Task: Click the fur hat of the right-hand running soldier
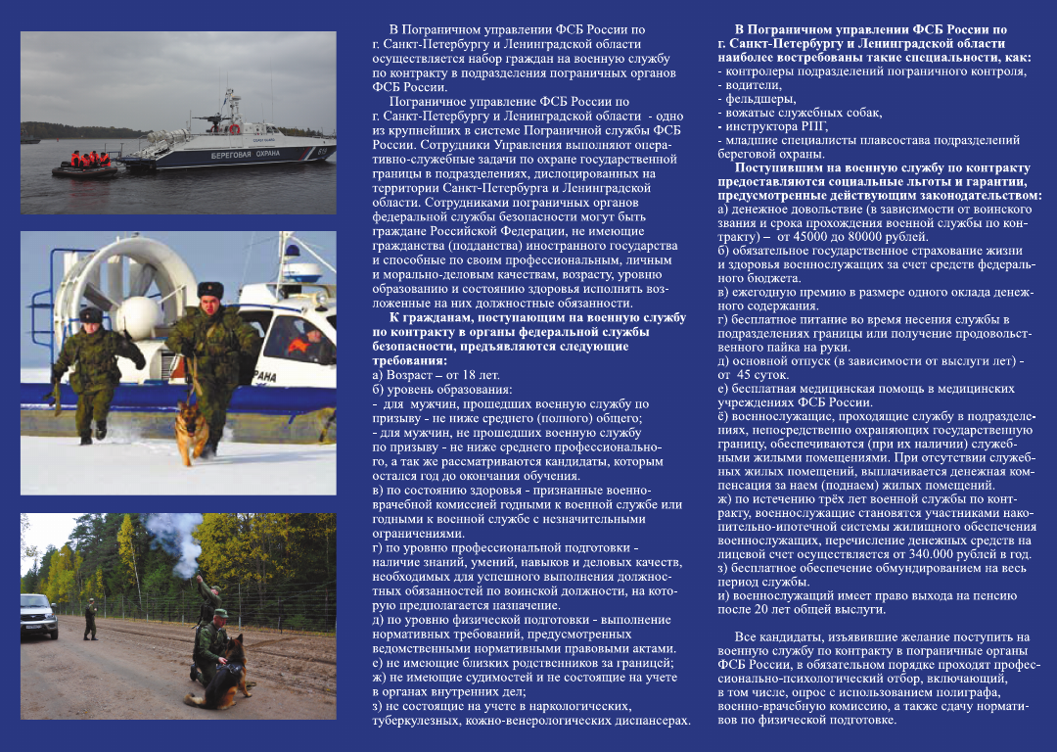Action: (209, 290)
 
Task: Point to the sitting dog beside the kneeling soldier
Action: (226, 672)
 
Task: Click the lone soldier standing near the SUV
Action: (90, 619)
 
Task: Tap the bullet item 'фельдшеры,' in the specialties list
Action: (757, 99)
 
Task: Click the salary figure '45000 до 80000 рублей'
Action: (848, 237)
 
